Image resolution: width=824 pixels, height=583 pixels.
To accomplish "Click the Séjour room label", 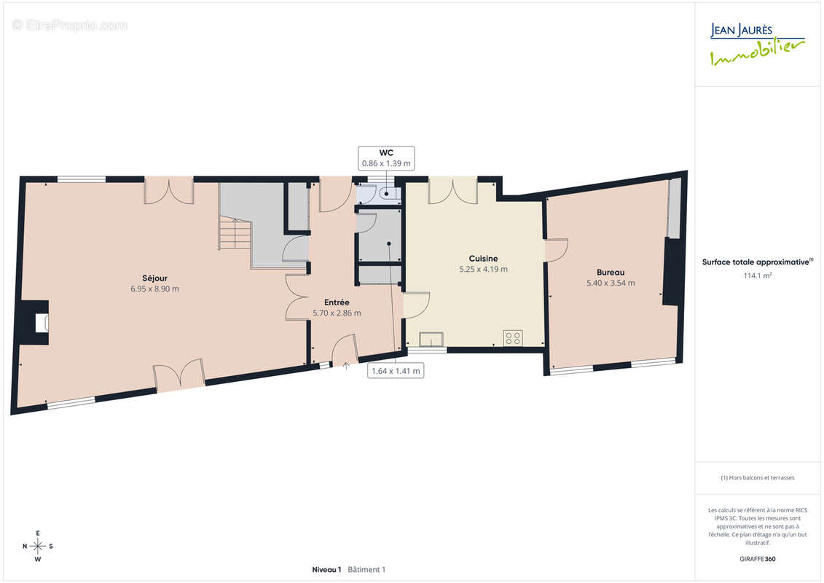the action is [154, 278].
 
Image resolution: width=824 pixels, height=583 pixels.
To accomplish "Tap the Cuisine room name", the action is [483, 258].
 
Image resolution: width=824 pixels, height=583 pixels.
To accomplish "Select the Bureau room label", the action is [611, 273].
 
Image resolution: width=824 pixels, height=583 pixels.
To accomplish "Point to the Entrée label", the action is [337, 302].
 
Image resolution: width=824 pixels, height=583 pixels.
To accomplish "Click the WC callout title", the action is [386, 153].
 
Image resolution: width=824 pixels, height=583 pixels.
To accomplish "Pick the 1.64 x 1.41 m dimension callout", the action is [396, 371].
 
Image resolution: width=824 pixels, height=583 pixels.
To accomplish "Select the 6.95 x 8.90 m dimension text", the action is [154, 289].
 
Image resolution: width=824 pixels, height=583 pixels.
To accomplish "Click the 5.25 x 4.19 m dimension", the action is [484, 269].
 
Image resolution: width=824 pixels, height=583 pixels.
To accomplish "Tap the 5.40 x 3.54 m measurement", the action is [611, 283].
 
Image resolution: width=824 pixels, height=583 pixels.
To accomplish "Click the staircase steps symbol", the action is [235, 233].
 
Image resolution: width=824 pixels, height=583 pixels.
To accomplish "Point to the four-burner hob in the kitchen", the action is [513, 338].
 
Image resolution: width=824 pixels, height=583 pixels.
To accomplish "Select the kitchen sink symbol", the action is [431, 340].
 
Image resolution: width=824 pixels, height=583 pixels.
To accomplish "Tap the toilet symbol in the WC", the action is [388, 194].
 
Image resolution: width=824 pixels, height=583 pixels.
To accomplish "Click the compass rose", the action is [38, 547].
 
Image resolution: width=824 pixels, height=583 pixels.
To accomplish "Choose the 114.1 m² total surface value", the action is [757, 275].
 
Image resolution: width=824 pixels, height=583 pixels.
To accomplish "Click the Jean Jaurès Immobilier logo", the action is [757, 44].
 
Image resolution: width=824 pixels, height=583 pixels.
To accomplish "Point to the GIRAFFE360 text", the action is [757, 559].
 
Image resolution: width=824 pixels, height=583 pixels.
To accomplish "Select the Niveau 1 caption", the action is [326, 569].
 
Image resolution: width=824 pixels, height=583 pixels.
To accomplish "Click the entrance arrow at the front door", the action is [346, 365].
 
